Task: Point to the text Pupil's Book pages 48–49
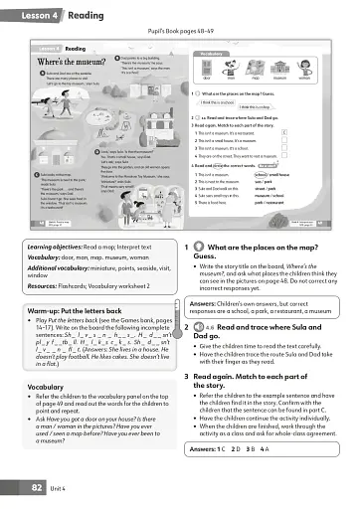[179, 34]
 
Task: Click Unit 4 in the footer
[62, 488]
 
